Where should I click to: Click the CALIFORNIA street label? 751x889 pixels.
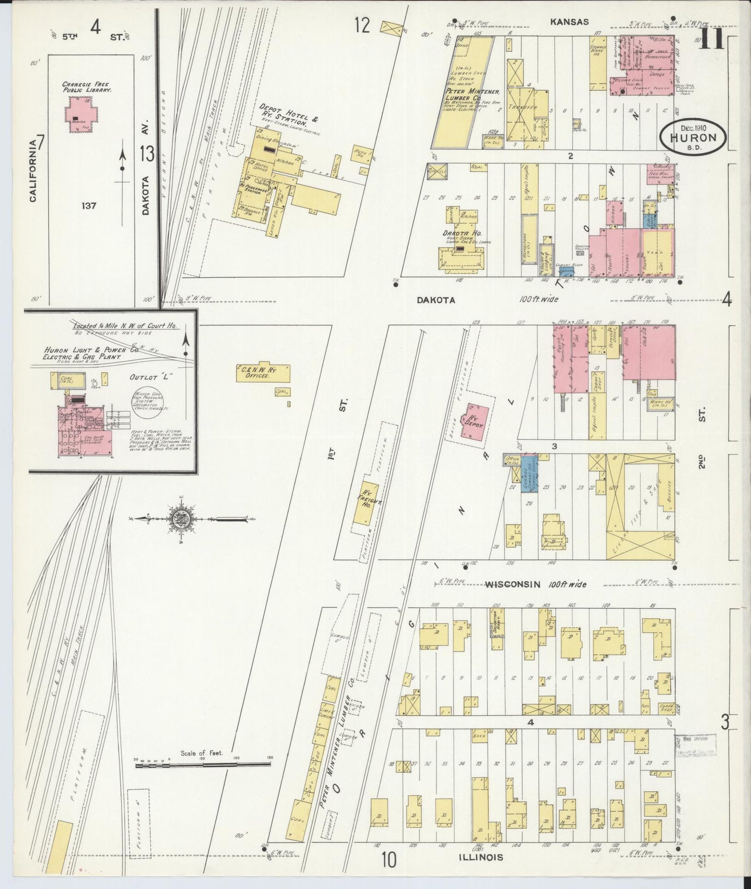click(x=33, y=170)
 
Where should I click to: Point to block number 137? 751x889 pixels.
click(x=89, y=206)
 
